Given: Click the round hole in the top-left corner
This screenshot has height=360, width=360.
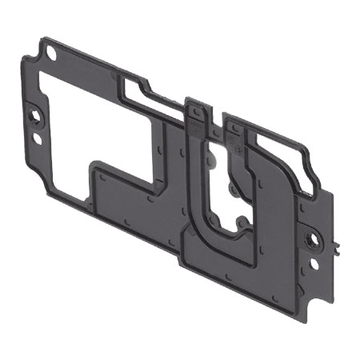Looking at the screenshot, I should pos(51,54).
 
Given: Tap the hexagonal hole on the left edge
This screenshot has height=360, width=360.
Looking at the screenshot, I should pos(38,117).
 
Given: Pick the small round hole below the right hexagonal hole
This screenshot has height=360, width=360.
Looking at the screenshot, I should pos(314,261).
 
